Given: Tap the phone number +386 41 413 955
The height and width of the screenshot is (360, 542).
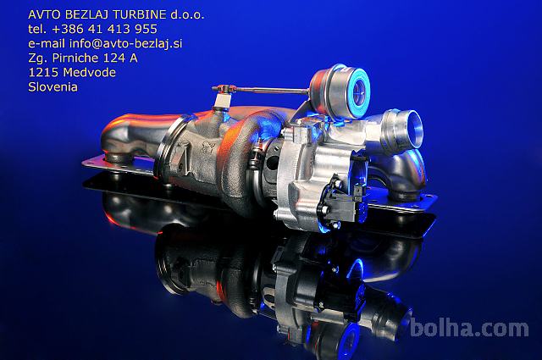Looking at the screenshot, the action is click(x=105, y=29).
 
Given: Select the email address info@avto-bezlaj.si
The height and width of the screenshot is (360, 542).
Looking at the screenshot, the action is click(x=126, y=43).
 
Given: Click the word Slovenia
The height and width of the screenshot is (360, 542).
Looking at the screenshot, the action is click(x=53, y=86).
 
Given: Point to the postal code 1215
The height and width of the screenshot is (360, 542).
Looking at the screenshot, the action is click(x=44, y=72).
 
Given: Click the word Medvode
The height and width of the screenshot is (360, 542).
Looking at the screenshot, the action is click(x=90, y=72).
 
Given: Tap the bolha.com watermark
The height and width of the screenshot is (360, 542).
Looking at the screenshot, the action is click(x=469, y=328).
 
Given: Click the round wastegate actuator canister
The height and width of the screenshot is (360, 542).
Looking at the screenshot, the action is click(x=340, y=91).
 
